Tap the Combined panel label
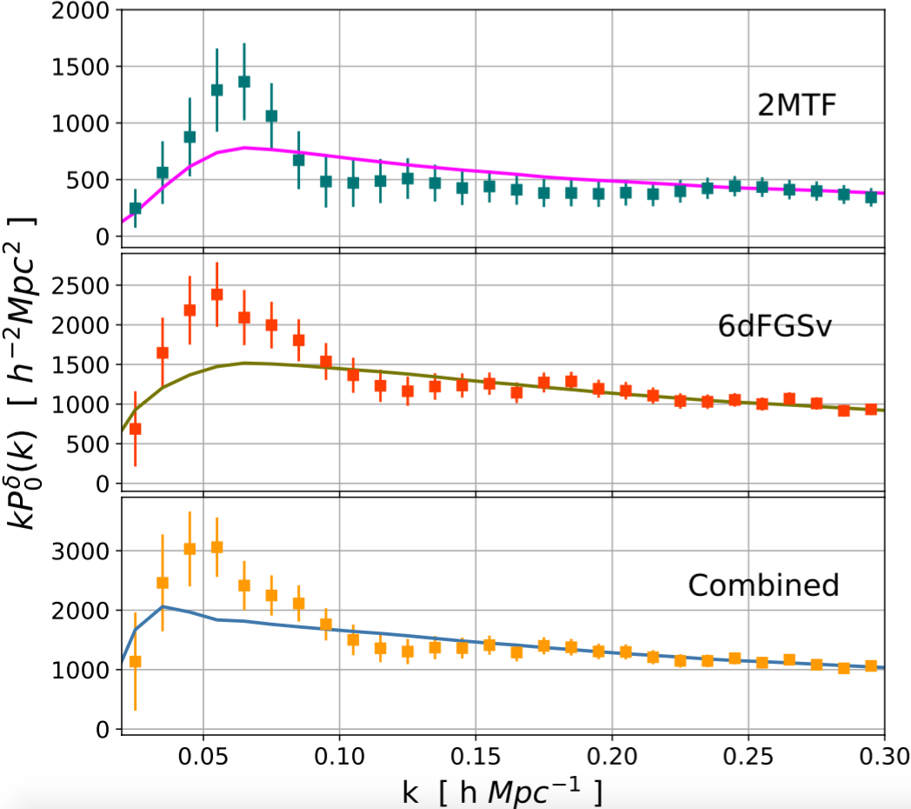click(x=763, y=585)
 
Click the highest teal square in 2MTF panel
click(x=244, y=82)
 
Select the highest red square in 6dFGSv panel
click(x=217, y=295)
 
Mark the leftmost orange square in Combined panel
click(x=135, y=661)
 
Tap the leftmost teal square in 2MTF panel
click(x=135, y=209)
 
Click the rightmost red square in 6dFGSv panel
click(x=871, y=409)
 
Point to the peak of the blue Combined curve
click(x=163, y=607)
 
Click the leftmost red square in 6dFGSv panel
click(x=135, y=429)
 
